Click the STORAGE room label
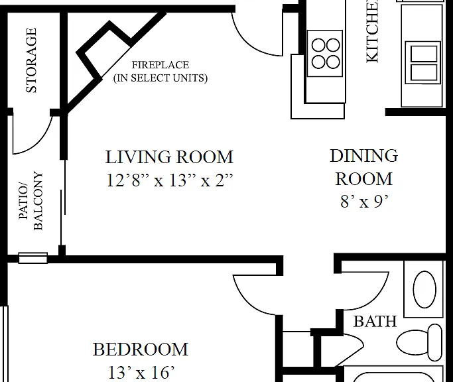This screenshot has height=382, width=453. click(31, 60)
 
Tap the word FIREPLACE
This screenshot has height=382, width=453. click(161, 65)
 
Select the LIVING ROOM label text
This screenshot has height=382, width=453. click(169, 157)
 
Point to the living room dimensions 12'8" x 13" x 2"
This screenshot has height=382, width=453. click(169, 180)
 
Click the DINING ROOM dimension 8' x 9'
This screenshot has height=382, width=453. click(364, 202)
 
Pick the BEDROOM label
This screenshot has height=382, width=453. click(141, 350)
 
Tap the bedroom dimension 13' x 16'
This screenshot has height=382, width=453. click(141, 372)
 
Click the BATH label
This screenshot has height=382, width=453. click(375, 322)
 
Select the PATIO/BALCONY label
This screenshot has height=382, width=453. click(31, 200)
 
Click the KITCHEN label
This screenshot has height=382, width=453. click(372, 31)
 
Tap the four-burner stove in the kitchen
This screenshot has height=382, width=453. click(325, 54)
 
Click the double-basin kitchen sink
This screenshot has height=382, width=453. click(423, 62)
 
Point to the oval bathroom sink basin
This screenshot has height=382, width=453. click(424, 289)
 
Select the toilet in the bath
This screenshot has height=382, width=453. click(419, 342)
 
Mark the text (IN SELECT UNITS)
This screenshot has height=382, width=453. click(161, 78)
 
